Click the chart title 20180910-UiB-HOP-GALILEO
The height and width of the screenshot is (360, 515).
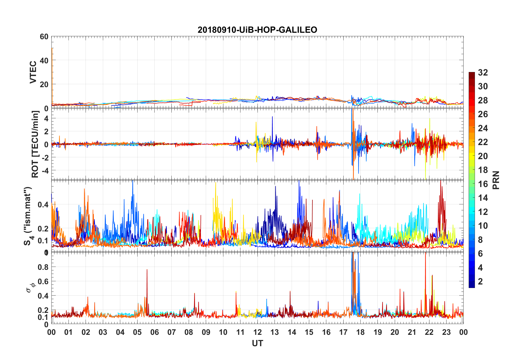[257, 30]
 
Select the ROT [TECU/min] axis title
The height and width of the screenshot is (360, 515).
[35, 144]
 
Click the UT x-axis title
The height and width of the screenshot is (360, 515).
[257, 343]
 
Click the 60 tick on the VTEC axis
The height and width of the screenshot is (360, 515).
[44, 37]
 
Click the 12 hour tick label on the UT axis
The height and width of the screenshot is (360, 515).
[257, 332]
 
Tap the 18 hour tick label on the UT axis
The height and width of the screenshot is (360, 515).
[360, 332]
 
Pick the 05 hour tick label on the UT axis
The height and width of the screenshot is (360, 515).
[137, 332]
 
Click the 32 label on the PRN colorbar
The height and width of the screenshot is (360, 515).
[483, 73]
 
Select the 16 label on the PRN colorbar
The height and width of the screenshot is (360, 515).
[483, 184]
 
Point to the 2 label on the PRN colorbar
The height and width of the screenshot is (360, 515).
[480, 282]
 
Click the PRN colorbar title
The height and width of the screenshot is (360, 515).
[496, 180]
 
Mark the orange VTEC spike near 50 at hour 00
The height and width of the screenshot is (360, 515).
[52, 49]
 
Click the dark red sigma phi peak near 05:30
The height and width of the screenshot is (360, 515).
[147, 270]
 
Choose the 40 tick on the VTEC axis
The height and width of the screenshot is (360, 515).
[44, 60]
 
